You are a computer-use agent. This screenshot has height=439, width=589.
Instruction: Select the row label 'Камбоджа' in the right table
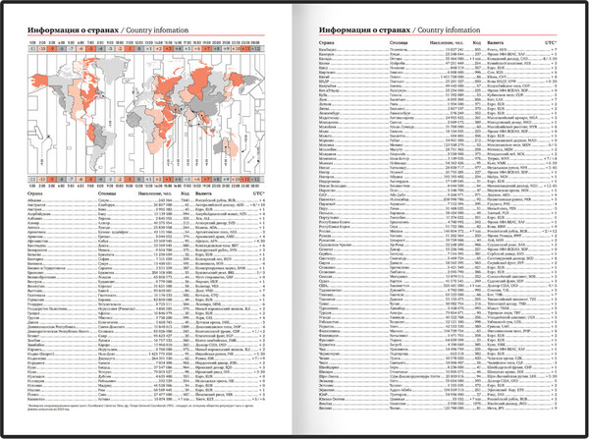click(335, 50)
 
